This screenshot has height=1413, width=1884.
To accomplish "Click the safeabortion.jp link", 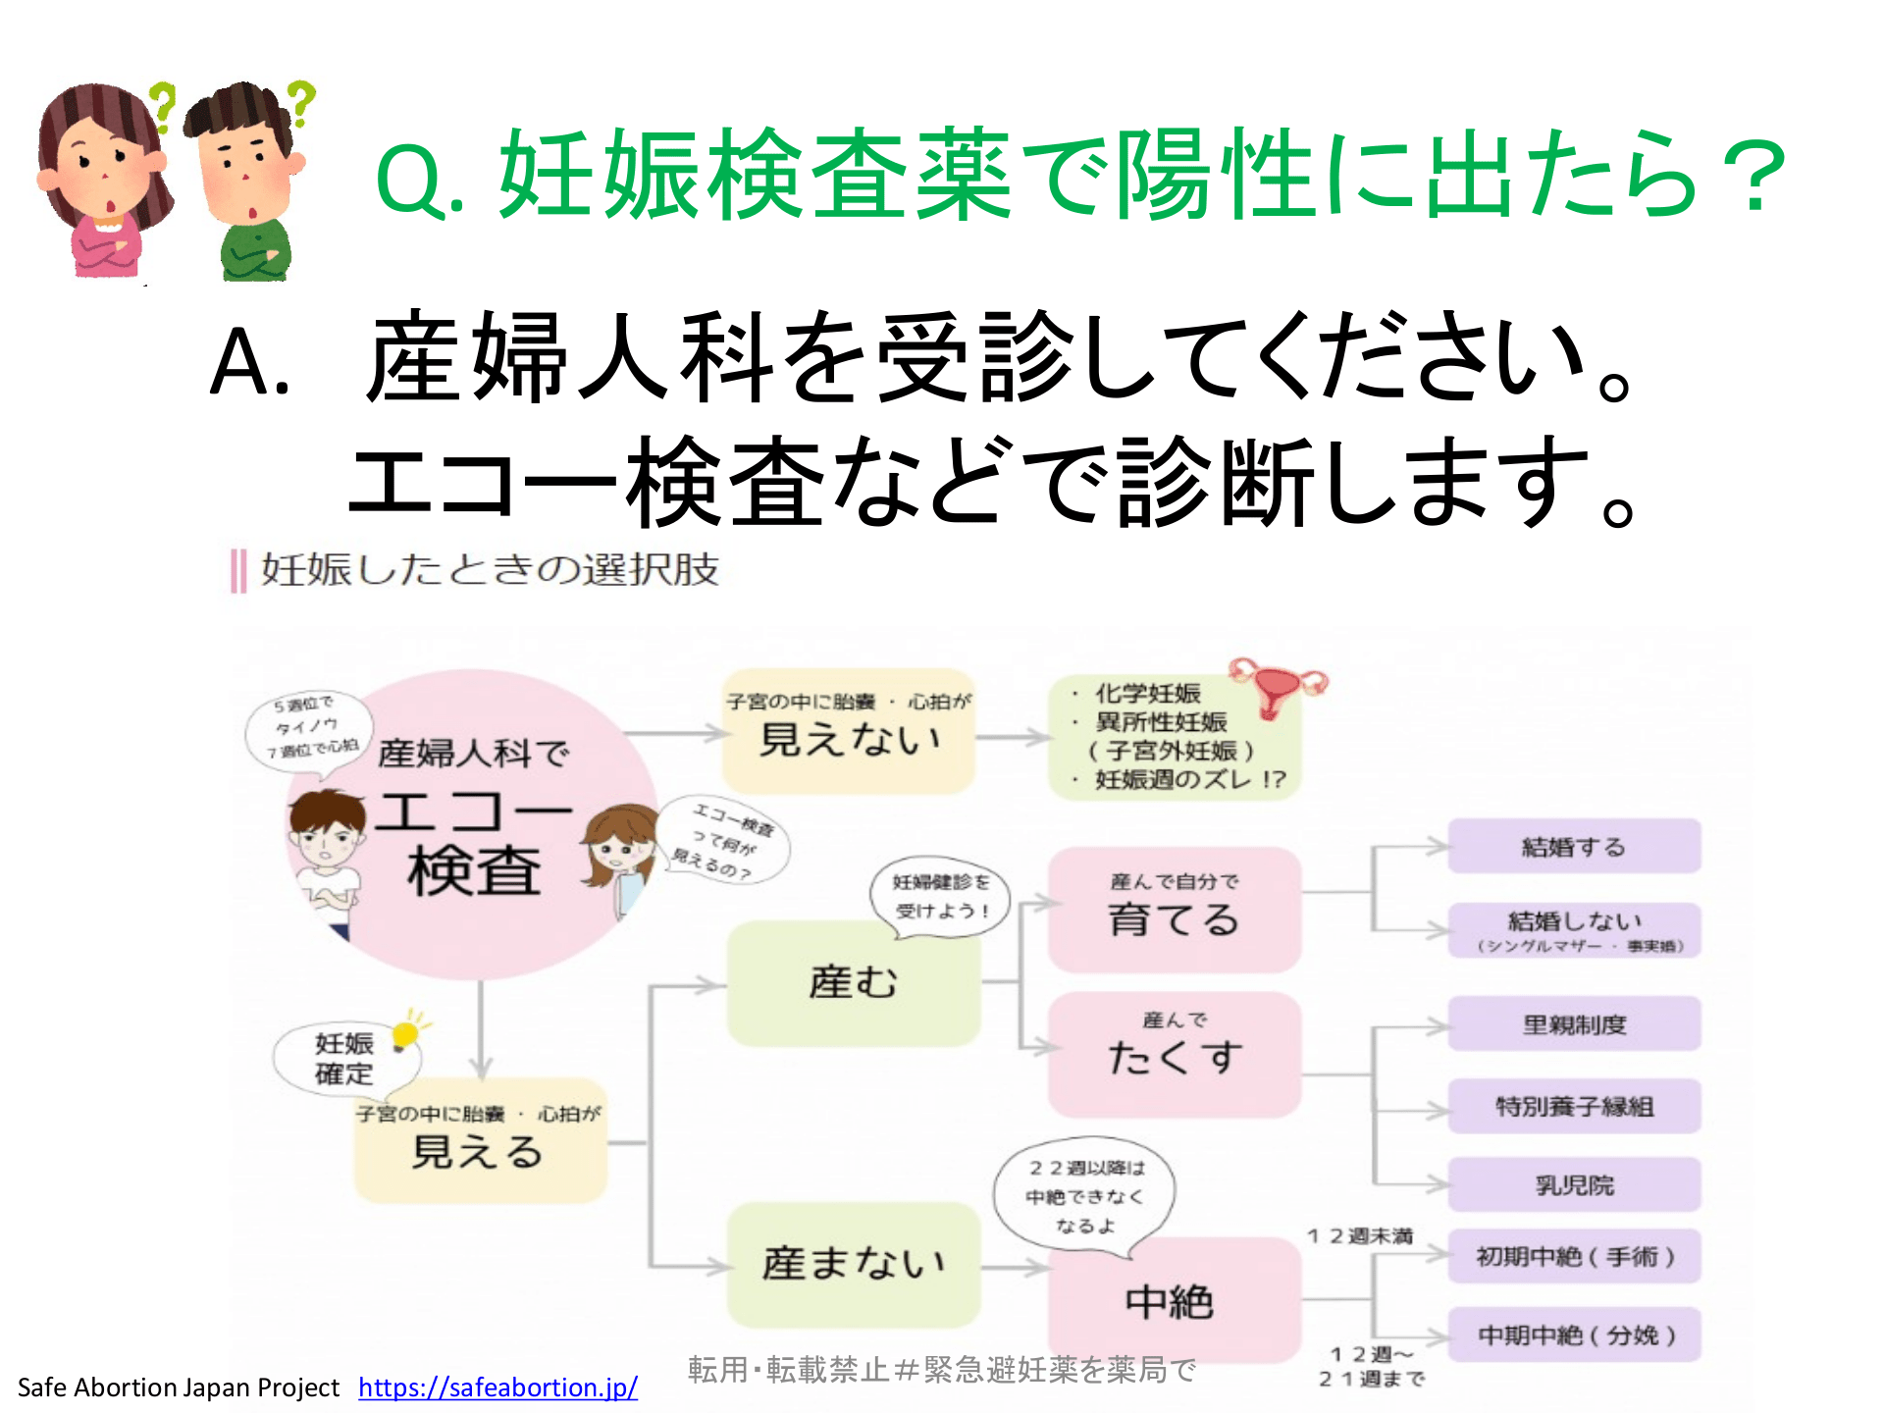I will pyautogui.click(x=497, y=1387).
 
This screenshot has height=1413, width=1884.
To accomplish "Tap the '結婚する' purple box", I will pyautogui.click(x=1574, y=846).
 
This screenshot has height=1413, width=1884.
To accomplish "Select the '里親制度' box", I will pyautogui.click(x=1574, y=1024).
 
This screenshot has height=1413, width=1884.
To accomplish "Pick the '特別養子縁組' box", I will pyautogui.click(x=1574, y=1107).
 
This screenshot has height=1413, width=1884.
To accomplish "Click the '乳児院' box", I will pyautogui.click(x=1574, y=1185).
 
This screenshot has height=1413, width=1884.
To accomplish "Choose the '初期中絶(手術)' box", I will pyautogui.click(x=1574, y=1256).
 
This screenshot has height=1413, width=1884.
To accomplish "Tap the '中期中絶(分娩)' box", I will pyautogui.click(x=1574, y=1334).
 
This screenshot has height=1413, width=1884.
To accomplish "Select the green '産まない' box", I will pyautogui.click(x=853, y=1264).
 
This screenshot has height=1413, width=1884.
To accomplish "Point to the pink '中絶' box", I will pyautogui.click(x=1174, y=1301).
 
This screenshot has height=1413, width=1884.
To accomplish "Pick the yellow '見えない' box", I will pyautogui.click(x=849, y=732).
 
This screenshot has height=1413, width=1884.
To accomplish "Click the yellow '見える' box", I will pyautogui.click(x=480, y=1144).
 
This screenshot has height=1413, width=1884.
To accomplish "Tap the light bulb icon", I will pyautogui.click(x=405, y=1033).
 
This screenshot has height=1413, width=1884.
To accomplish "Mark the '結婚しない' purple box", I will pyautogui.click(x=1574, y=928).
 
